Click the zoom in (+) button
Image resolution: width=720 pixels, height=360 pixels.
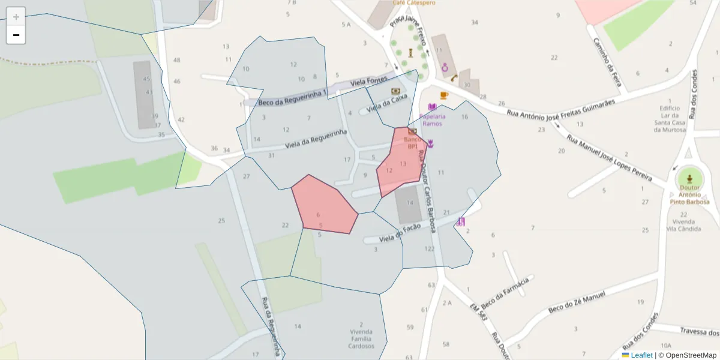click(x=16, y=16)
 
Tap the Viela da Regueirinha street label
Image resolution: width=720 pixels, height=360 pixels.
click(x=316, y=139)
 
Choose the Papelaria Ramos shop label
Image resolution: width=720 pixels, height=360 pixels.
click(x=432, y=119)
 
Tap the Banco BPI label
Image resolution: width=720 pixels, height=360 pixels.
click(x=412, y=142)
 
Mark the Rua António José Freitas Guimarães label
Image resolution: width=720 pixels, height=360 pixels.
click(x=561, y=107)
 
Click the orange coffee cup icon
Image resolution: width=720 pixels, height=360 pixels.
click(x=444, y=95)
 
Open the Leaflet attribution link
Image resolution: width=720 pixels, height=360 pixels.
click(x=641, y=355)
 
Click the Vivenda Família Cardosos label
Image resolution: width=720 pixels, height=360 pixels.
click(x=361, y=338)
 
